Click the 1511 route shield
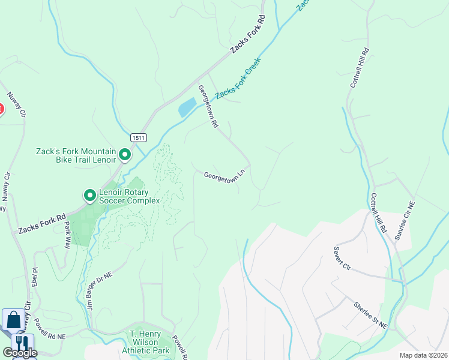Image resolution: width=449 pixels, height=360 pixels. [137, 137]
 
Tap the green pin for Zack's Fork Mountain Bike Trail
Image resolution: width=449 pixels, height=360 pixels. [125, 155]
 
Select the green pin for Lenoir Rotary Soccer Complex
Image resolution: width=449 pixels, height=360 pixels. [89, 196]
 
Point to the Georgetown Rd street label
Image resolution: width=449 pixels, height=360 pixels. [208, 107]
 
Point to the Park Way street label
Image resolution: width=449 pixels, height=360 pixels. [67, 234]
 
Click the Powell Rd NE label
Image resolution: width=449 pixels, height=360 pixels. [50, 328]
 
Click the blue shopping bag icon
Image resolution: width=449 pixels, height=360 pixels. [13, 320]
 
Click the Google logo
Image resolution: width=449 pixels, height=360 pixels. [20, 353]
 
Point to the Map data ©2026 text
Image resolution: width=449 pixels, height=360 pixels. [423, 355]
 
